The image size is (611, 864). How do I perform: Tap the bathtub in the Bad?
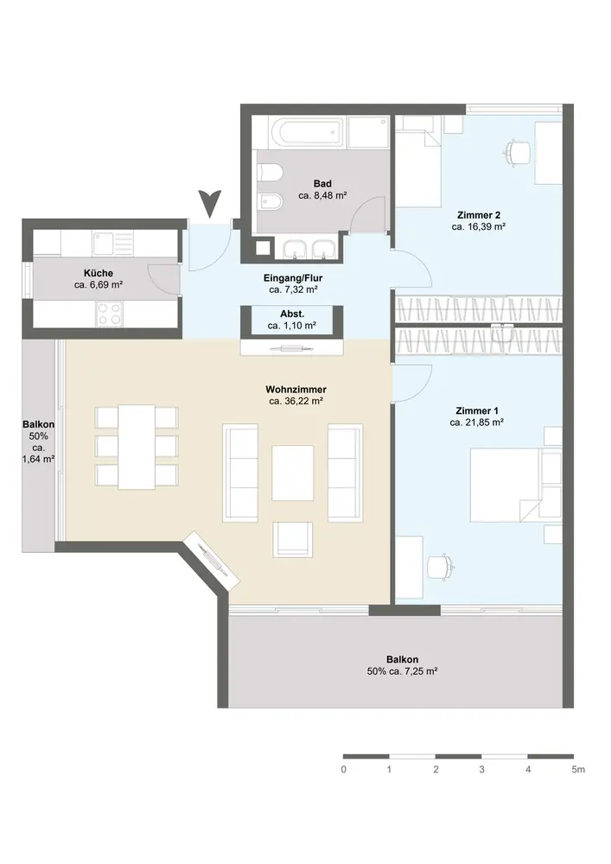click(x=308, y=131)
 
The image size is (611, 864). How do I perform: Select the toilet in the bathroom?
click(x=270, y=173)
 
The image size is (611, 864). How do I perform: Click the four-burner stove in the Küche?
click(x=109, y=314)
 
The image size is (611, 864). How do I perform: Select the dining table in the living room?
click(x=137, y=447)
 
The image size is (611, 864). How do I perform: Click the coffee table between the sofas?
click(x=293, y=473)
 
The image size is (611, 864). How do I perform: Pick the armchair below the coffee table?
click(x=293, y=539)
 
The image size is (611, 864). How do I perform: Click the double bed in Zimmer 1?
click(x=505, y=485)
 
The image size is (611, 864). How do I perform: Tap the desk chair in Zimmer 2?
click(x=518, y=151)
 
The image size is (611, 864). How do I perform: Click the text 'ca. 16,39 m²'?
click(x=479, y=226)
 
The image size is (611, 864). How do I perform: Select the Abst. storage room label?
click(x=292, y=314)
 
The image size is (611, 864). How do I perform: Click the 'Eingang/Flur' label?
click(x=293, y=278)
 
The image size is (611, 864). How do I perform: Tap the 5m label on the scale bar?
click(x=578, y=769)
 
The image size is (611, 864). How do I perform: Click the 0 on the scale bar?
click(x=343, y=769)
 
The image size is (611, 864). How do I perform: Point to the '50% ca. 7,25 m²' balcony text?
click(x=402, y=671)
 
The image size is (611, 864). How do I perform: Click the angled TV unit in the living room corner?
click(x=211, y=560)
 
